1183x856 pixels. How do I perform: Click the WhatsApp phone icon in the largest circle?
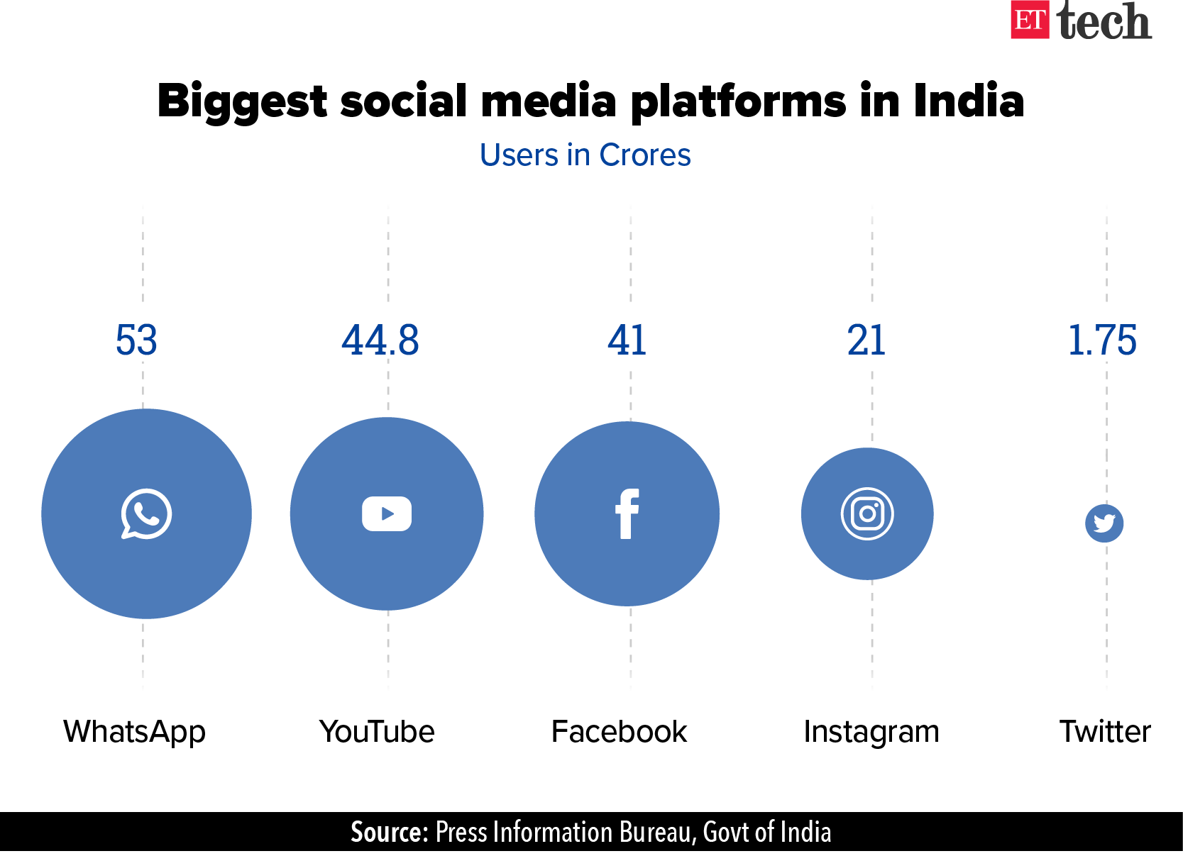(x=146, y=513)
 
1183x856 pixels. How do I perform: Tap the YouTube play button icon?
(x=387, y=513)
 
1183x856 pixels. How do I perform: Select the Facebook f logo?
(x=627, y=513)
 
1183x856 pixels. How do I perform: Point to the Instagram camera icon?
(x=867, y=513)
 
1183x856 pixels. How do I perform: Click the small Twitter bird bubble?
(x=1104, y=523)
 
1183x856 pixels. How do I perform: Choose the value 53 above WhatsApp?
(x=136, y=340)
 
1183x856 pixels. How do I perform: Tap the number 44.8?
(x=380, y=340)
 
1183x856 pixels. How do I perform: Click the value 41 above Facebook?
(x=627, y=340)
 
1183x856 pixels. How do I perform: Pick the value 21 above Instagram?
(x=866, y=340)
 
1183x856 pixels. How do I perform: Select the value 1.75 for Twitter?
(x=1102, y=340)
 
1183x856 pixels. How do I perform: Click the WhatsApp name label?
(x=135, y=732)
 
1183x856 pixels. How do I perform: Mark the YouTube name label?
(x=377, y=732)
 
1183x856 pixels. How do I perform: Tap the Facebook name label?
(x=619, y=732)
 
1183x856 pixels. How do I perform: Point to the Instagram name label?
(x=871, y=732)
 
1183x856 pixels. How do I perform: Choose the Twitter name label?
(x=1105, y=732)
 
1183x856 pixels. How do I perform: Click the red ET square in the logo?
(x=1030, y=20)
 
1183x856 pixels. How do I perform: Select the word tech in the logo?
(x=1104, y=21)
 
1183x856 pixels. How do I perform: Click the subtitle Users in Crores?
(x=585, y=155)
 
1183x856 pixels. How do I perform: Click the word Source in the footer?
(x=389, y=832)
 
